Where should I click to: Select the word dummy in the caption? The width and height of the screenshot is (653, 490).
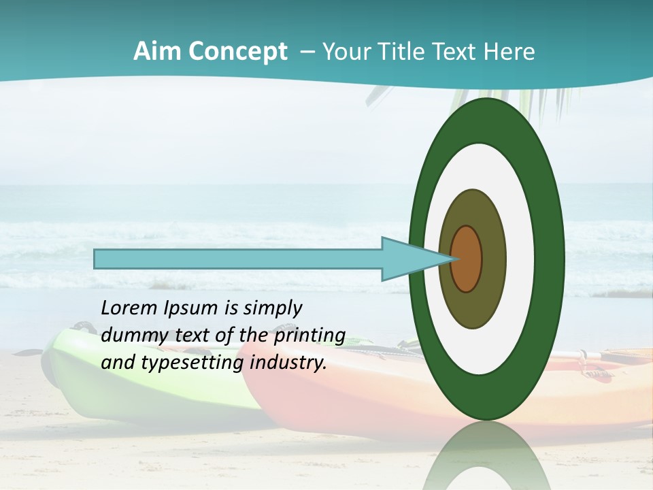point(130,336)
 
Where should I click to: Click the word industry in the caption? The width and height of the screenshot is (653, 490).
point(288,363)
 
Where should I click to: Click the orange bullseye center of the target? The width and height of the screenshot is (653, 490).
point(467,259)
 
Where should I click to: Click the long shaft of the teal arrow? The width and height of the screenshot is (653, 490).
point(238,259)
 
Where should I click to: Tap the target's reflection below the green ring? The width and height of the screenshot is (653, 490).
point(487,456)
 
